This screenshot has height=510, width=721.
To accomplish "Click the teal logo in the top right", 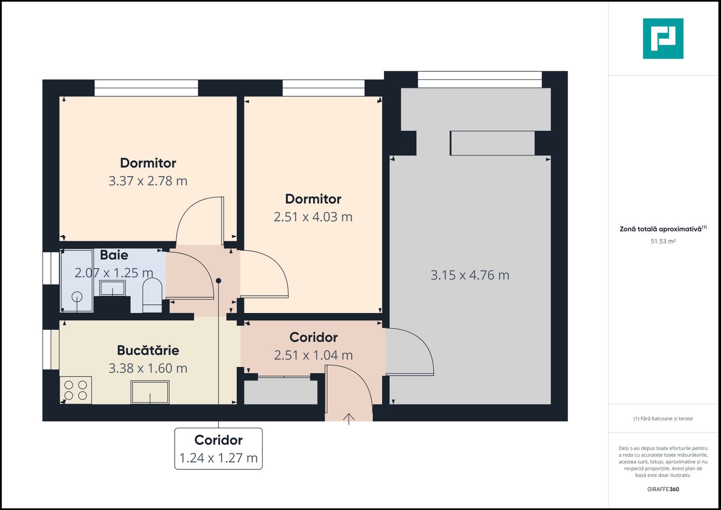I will pos(663,39).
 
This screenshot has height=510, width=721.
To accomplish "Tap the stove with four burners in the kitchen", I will pos(76,390).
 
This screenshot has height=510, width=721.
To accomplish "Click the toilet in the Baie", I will pos(152,295).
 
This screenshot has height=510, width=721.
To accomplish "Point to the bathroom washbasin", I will pos(112,288).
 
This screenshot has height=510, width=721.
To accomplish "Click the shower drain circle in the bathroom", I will pos(76,297).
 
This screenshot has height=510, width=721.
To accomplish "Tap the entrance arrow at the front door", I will pos(348,418).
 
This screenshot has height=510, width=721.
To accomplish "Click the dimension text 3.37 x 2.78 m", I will pos(148,181).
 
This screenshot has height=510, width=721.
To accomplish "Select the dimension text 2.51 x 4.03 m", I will pos(313,217).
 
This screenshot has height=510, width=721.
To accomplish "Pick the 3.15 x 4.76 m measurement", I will pos(470,275).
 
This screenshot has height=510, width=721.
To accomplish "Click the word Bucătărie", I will pos(148,350).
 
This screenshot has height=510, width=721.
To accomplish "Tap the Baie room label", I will pos(114,255).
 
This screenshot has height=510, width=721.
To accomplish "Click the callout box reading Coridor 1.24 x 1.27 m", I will pos(218,449).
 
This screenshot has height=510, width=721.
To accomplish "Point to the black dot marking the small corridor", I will pos(219,280).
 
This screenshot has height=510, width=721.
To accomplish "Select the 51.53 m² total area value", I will pos(663,241).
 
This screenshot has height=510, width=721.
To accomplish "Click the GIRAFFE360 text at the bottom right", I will pos(663,489).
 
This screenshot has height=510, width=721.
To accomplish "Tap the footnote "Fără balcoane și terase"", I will pos(663,418).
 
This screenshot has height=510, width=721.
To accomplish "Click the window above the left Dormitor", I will pos(146,88).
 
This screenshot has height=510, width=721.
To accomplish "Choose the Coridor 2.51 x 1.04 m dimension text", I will pos(314,355).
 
